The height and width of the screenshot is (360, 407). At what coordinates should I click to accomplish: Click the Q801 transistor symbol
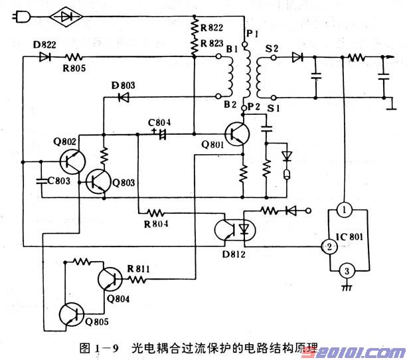(x=237, y=135)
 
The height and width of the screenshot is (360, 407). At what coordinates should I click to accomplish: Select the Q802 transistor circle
(x=71, y=161)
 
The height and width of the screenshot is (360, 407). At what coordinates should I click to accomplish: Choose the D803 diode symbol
(x=123, y=97)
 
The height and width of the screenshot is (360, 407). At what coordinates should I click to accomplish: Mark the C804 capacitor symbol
(x=158, y=134)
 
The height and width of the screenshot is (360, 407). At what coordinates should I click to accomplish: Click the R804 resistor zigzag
(x=155, y=213)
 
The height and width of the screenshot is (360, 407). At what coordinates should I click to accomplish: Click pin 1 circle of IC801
(x=345, y=210)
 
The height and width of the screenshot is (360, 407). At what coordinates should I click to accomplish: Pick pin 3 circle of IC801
(x=345, y=270)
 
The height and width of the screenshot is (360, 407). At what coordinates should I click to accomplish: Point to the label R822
(x=211, y=27)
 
